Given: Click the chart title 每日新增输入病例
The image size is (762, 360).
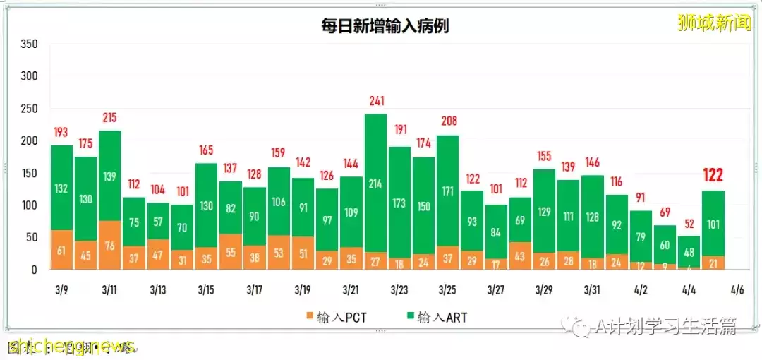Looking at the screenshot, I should coord(381,26).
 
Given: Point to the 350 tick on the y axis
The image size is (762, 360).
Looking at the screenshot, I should coord(29,44).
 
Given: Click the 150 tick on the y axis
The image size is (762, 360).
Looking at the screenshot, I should coord(29,174).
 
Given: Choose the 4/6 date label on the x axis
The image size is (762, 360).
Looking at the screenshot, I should coord(737,290).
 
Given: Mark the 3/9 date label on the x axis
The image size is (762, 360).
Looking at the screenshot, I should coord(61,290).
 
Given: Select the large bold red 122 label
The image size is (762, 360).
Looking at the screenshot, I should coord(713,174).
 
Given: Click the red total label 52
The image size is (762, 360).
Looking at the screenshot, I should coord(689,224).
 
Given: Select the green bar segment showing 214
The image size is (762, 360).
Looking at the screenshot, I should coord(375,184).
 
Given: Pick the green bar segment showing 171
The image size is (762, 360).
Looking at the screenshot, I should coord(447,191).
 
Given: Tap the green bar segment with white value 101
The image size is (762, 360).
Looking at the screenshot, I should coord(713,224).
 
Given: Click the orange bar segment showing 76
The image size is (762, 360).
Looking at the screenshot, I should coord(109,246).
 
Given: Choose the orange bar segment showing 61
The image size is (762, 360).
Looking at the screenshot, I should coord(61,250).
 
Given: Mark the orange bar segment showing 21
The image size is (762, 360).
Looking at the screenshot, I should coord(713,263).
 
